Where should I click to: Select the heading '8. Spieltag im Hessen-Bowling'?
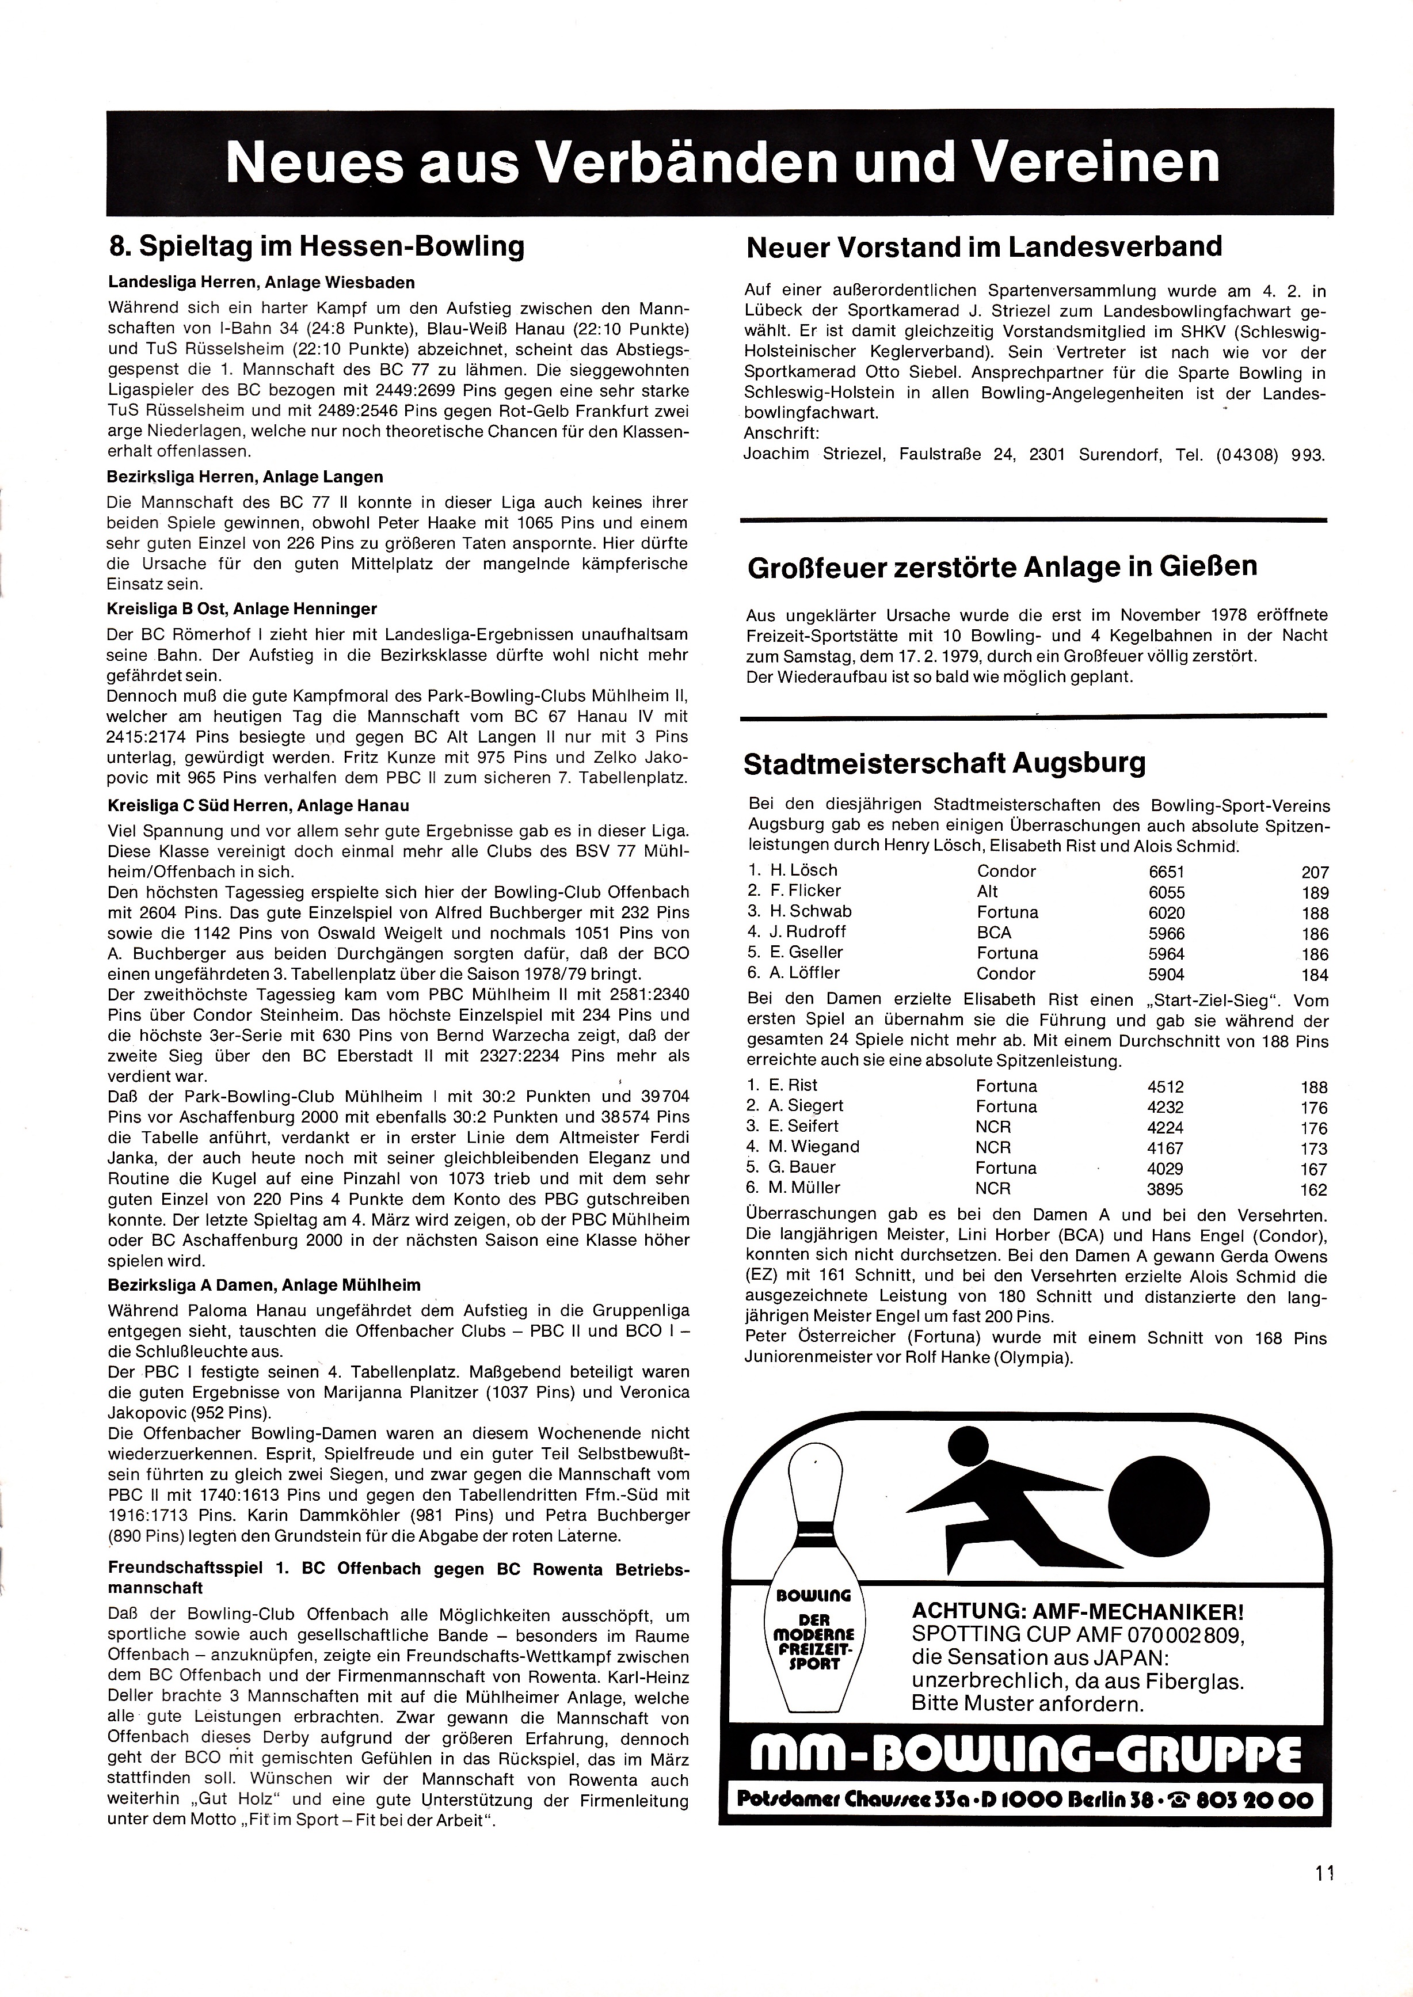click(x=317, y=246)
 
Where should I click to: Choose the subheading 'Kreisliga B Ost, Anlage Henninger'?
click(x=243, y=608)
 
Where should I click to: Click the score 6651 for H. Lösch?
click(x=1166, y=872)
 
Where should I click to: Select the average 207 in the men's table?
click(x=1315, y=872)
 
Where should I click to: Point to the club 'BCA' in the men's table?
click(x=993, y=933)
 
